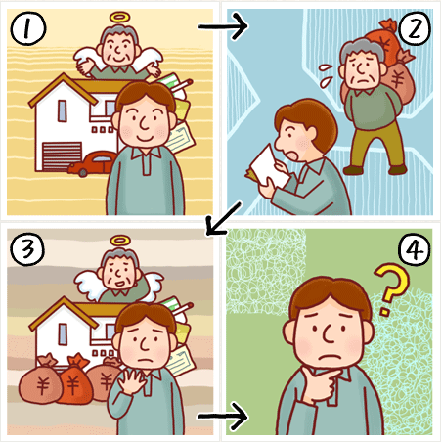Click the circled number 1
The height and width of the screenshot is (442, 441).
(x=28, y=28)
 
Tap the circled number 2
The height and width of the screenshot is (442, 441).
(x=415, y=28)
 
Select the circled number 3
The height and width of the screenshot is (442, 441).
(x=27, y=249)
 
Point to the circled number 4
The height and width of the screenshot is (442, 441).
(x=415, y=250)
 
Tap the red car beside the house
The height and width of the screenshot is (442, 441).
(x=93, y=163)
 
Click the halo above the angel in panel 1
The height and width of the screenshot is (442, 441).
(x=119, y=18)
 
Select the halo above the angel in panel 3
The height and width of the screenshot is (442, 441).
(x=120, y=241)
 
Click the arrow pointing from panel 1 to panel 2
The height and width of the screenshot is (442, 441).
(x=224, y=26)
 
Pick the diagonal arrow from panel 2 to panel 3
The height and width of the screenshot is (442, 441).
(x=224, y=219)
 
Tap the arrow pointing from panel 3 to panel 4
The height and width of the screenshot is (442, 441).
(x=223, y=417)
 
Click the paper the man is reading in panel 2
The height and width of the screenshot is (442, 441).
(x=268, y=167)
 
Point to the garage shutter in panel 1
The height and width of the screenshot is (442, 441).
(x=62, y=156)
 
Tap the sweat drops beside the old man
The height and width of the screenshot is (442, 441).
(x=326, y=75)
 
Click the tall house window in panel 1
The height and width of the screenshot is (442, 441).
(x=62, y=111)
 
